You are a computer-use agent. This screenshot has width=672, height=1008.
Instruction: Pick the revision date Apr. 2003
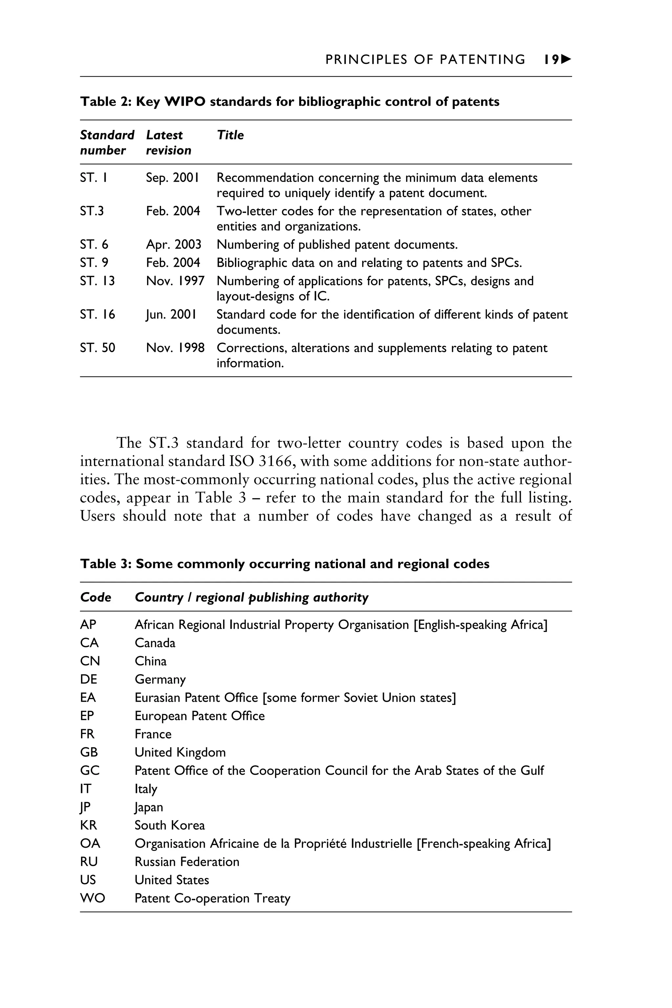(x=174, y=244)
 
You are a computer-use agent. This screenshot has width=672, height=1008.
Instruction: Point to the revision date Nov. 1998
(x=175, y=347)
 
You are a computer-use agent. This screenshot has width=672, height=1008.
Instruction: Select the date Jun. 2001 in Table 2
(x=171, y=314)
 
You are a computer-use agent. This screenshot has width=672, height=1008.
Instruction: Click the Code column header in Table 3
(x=95, y=597)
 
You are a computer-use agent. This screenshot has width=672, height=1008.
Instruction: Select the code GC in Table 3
(x=90, y=770)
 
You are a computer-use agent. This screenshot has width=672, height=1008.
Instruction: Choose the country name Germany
(x=160, y=680)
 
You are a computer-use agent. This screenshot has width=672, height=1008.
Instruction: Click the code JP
(x=85, y=807)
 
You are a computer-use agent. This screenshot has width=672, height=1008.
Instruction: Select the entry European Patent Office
(x=200, y=716)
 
